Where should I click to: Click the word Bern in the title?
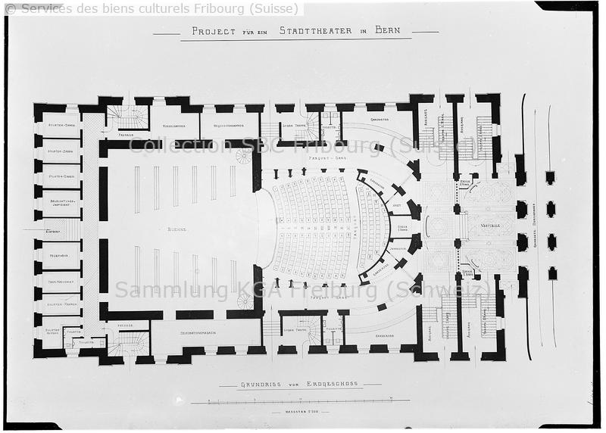tap(388, 31)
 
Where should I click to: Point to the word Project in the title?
tap(214, 32)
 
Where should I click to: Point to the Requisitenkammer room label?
tap(227, 125)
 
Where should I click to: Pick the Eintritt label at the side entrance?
tap(53, 232)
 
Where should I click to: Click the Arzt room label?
tap(395, 205)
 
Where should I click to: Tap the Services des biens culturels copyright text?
tap(151, 8)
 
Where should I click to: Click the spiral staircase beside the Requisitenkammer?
tap(244, 156)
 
